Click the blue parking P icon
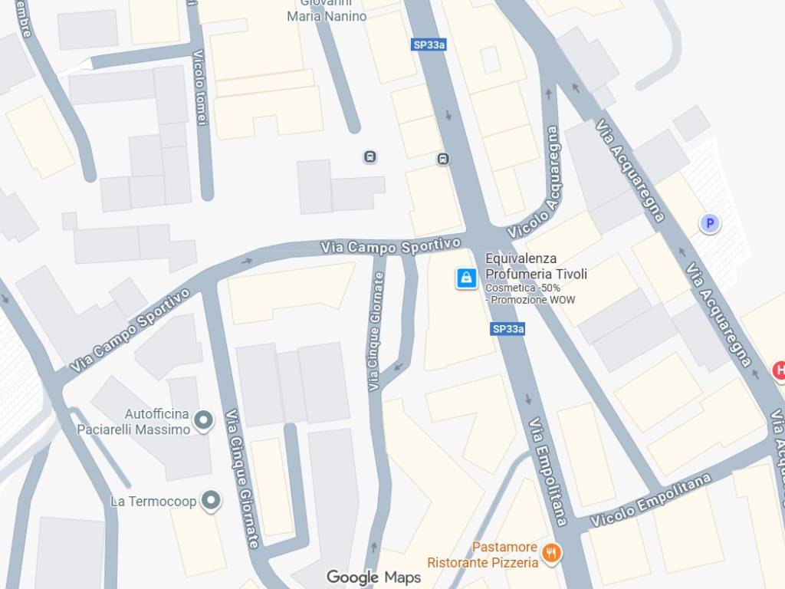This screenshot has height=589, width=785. pos(710,223)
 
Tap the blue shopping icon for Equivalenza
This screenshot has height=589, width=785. pos(466,278)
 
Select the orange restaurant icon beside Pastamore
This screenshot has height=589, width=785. pos(550,553)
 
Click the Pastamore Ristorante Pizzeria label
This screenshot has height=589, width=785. pos(483,554)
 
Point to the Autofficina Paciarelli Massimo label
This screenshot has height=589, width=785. pos(133,423)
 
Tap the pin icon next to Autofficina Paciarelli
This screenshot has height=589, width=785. pos(203,420)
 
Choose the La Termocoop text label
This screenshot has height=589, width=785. pos(153,502)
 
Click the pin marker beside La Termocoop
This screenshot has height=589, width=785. pos(212,501)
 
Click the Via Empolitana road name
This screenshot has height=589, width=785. pos(547,471)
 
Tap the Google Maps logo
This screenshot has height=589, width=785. pos(373,577)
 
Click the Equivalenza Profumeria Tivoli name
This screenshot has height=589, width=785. pos(536,266)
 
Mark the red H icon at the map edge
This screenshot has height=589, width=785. pos(779,371)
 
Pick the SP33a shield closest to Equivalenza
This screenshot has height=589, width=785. pos(507,329)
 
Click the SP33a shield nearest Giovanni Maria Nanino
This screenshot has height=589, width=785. pos(429,45)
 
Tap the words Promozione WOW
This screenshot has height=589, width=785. pos(533,300)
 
